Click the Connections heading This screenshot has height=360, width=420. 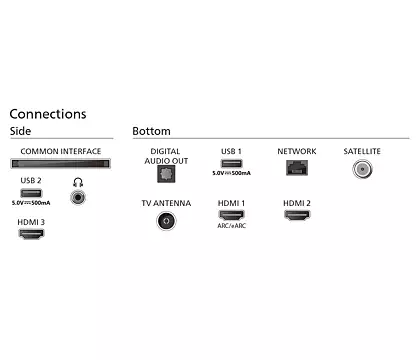coord(48,114)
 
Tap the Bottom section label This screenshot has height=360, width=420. coord(151,131)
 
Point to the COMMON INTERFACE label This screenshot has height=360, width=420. coord(61,151)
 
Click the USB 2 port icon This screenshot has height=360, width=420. coord(30,191)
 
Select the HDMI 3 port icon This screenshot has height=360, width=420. coord(31,233)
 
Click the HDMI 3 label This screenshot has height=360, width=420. coord(31,221)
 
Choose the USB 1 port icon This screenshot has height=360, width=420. coord(231,163)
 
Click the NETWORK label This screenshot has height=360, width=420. coord(297,151)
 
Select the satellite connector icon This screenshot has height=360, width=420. coord(361,168)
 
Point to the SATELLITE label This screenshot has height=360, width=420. coord(361,151)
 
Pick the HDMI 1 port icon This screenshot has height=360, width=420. coord(231,215)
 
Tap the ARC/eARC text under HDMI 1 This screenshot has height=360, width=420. coord(231,226)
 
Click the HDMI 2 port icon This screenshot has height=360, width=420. coord(297,215)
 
